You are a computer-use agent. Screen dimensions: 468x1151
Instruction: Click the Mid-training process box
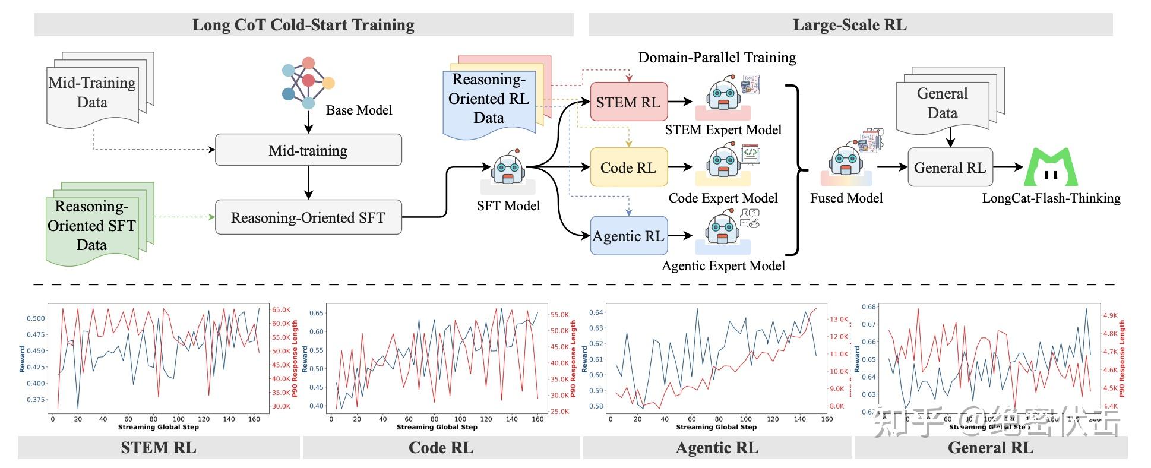[x=308, y=150]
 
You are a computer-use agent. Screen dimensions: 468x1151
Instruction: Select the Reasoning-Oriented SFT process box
[x=308, y=217]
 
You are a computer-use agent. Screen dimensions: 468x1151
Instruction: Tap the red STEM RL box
[x=628, y=102]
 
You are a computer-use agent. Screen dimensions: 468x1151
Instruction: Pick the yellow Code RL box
[x=628, y=167]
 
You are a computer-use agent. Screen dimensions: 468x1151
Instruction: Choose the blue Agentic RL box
[x=628, y=236]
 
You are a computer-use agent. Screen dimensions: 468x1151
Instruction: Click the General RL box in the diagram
[x=950, y=167]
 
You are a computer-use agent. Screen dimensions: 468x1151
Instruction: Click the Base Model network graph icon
[x=308, y=83]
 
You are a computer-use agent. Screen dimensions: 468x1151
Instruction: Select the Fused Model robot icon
[x=846, y=160]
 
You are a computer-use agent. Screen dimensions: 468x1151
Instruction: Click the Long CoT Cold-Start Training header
[x=303, y=25]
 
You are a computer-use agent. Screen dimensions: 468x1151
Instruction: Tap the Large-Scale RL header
[x=850, y=25]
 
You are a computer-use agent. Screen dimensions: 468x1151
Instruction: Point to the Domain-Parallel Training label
[x=717, y=58]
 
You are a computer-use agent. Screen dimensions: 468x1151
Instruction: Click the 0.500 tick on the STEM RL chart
[x=36, y=318]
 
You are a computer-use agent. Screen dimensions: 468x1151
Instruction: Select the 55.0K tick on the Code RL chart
[x=560, y=315]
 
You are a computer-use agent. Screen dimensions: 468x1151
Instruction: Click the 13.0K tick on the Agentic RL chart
[x=839, y=320]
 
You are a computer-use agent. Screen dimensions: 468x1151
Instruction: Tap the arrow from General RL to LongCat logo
[x=1008, y=167]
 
